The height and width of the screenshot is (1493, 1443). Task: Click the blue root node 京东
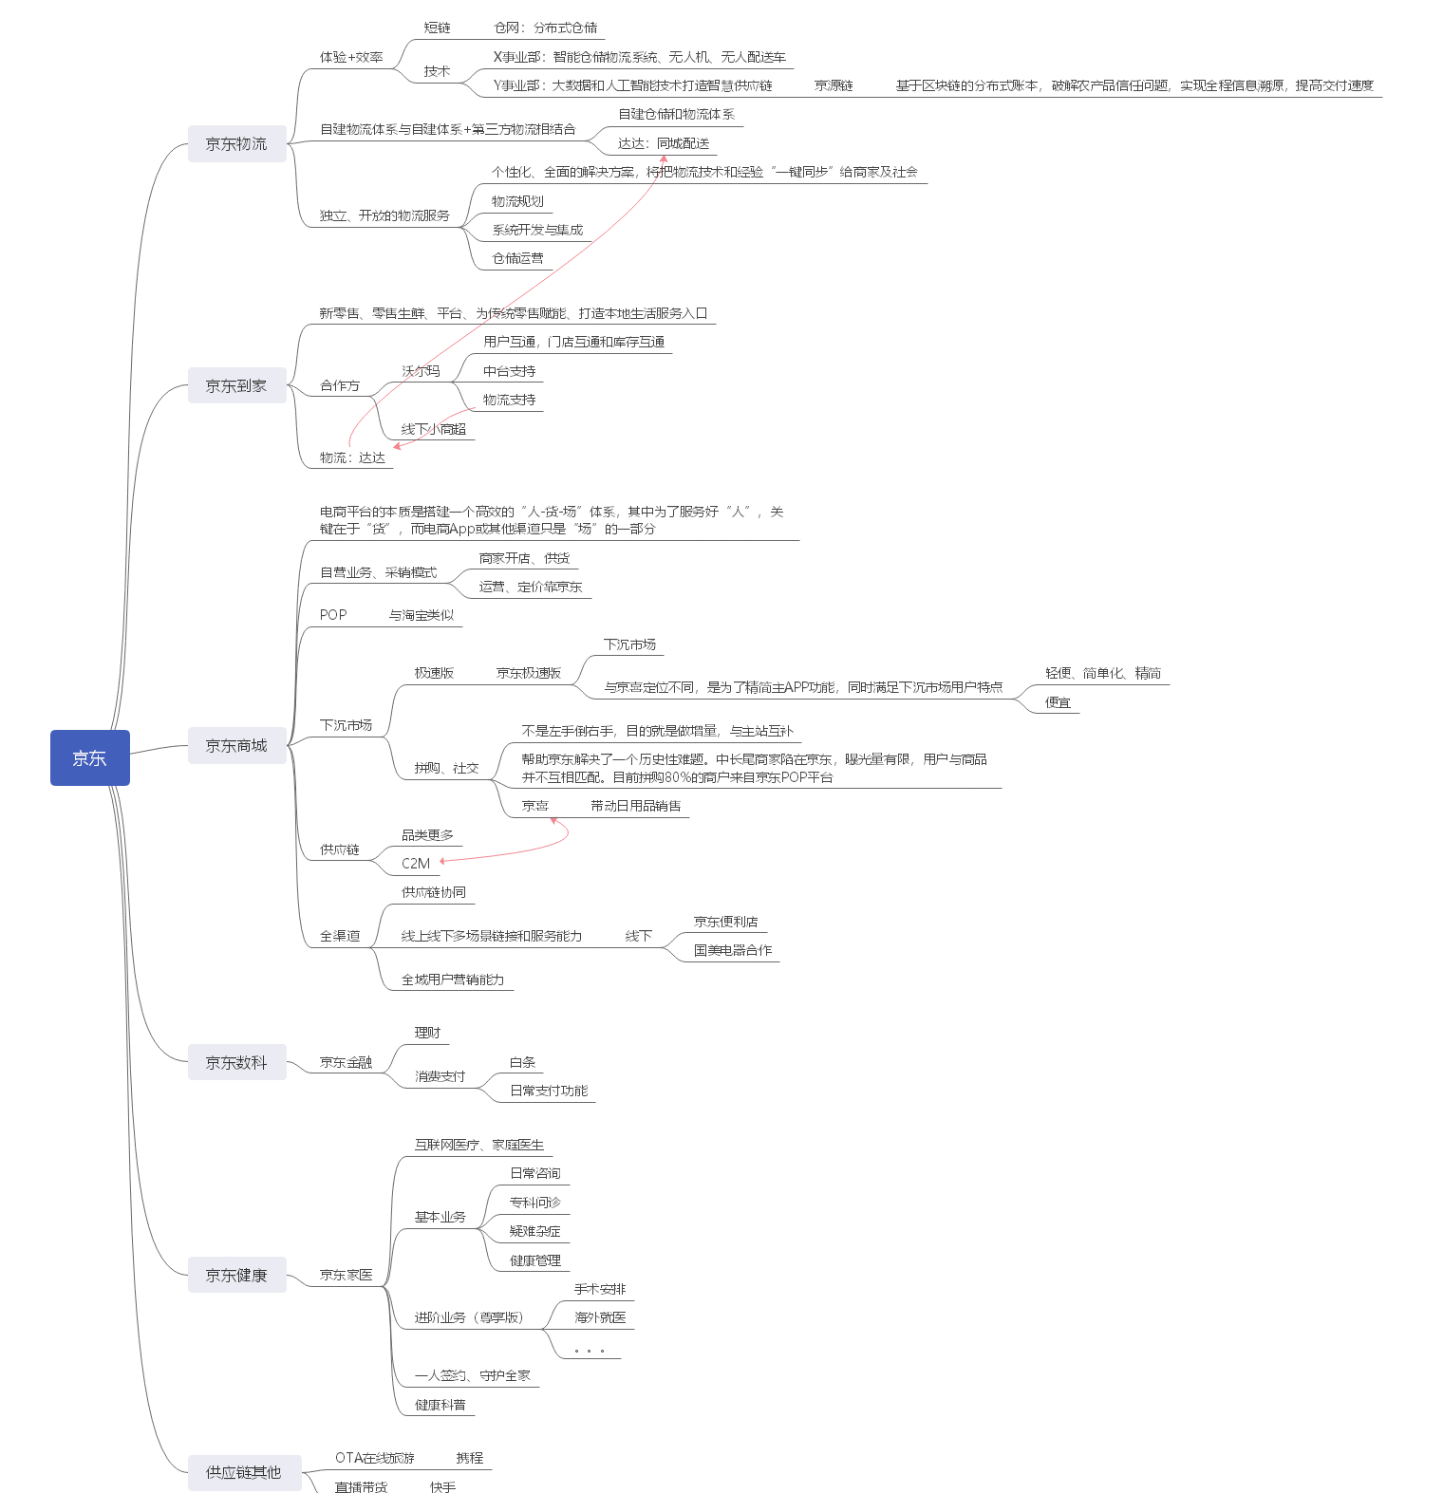[89, 757]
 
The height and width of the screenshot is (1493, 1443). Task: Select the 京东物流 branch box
[236, 143]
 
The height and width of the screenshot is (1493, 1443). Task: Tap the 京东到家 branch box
[236, 385]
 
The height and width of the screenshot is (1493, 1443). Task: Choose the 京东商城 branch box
[236, 745]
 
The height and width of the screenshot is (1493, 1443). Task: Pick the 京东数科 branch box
[236, 1062]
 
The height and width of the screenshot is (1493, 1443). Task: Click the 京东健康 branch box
[236, 1275]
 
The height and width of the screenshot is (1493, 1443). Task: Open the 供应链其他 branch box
[244, 1472]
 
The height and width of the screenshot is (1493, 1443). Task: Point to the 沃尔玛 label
[421, 371]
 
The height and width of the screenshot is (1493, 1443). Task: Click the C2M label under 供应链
[416, 864]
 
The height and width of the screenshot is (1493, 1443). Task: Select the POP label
[333, 615]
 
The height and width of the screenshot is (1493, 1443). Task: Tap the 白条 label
[522, 1062]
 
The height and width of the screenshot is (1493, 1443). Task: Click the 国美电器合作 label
[733, 950]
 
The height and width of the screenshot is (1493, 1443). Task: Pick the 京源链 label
[834, 85]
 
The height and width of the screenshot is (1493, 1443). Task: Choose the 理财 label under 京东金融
[427, 1033]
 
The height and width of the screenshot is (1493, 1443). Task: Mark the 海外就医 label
[600, 1317]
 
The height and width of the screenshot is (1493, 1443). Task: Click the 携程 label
[469, 1458]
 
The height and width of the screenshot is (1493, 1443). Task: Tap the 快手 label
[442, 1486]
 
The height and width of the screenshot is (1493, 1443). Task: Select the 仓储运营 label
[517, 258]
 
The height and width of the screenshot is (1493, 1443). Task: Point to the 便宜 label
[1058, 702]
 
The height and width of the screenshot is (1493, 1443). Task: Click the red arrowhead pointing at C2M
[442, 861]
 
